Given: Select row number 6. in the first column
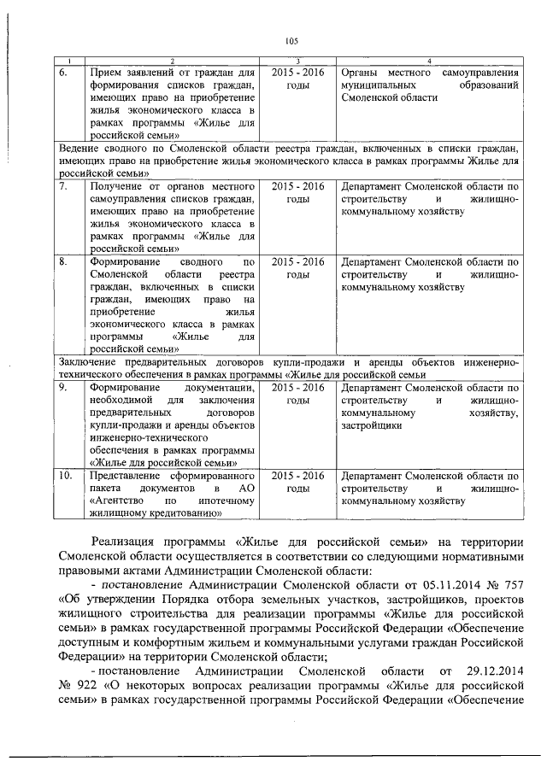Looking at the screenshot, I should click(x=65, y=74).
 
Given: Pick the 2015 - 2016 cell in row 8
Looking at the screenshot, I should click(x=297, y=262).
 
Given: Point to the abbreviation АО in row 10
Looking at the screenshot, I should click(x=248, y=487).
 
